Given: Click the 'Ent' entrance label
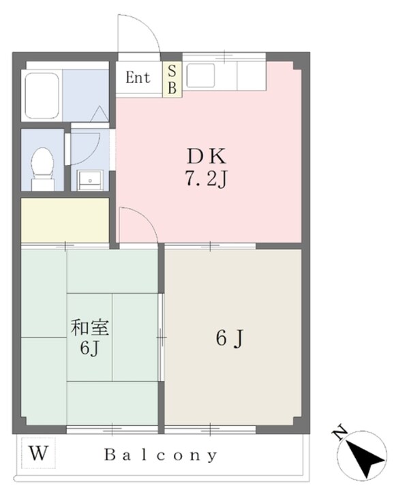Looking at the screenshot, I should pos(138,78).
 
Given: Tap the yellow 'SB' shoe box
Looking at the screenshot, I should pos(172,79).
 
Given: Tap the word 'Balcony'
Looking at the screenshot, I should pos(161,455).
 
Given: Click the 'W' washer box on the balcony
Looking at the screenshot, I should pos(37,453).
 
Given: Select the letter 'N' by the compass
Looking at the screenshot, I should pos(337,431).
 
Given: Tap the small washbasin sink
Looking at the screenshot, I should pos(89,180).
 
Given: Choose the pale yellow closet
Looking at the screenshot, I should pos(65,219).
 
